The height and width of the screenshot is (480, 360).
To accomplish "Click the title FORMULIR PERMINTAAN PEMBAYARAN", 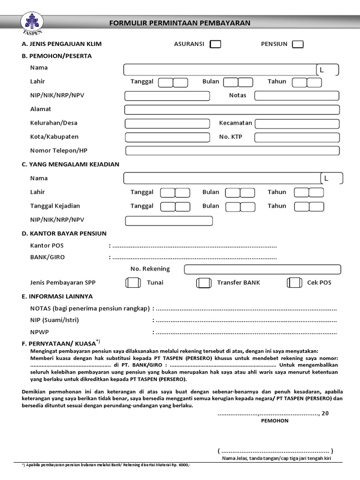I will [x=180, y=23].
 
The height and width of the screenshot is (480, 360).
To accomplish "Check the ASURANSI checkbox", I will [x=216, y=45].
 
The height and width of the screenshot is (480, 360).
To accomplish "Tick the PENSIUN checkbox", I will [x=298, y=45].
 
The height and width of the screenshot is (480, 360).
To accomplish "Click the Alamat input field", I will [x=232, y=110].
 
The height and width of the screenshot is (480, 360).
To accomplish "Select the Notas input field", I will [x=296, y=96].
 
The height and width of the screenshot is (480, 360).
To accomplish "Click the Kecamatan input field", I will [x=297, y=124].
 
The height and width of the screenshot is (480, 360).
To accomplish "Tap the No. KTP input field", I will [x=297, y=137].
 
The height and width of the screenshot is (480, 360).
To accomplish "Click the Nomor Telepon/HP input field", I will [x=232, y=151].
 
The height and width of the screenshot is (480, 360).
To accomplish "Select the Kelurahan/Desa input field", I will [x=167, y=124].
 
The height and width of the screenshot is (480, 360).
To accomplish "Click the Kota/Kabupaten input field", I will [x=167, y=137].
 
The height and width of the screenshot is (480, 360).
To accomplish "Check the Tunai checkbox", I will [x=133, y=283].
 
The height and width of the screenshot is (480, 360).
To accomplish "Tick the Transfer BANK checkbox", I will [x=203, y=283].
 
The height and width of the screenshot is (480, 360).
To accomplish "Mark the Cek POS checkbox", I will [x=294, y=283].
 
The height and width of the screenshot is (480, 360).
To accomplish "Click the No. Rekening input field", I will [x=262, y=270].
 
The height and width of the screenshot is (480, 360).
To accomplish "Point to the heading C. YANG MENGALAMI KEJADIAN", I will [x=71, y=165].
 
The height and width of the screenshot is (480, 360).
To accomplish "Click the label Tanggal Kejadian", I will [x=55, y=206].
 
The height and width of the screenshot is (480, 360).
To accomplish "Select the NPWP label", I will [x=39, y=332].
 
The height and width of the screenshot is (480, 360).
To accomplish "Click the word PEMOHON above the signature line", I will [x=275, y=421].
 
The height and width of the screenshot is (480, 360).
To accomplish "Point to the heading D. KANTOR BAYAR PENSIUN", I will [x=64, y=233].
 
